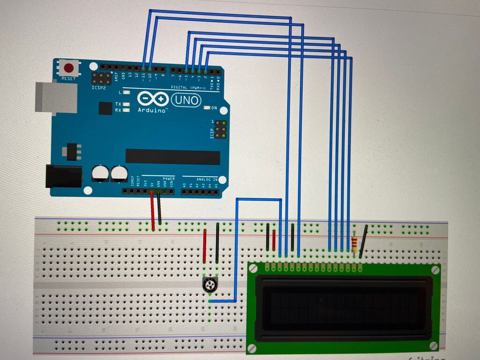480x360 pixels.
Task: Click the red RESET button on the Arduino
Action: point(69,67)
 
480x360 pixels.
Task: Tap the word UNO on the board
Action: point(186,100)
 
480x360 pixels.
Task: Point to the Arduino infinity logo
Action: point(153,99)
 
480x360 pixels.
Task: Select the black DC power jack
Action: point(63,176)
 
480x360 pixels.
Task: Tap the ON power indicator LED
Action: point(207,108)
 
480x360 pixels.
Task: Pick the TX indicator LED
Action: point(126,104)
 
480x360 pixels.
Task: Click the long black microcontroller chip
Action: point(172,157)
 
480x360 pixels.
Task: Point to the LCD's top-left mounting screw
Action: point(253,269)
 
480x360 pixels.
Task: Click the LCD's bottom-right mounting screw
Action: point(435,346)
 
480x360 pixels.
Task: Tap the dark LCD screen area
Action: point(344,307)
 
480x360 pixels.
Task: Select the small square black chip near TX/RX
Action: point(105,108)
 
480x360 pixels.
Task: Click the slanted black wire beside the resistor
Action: point(363,241)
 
